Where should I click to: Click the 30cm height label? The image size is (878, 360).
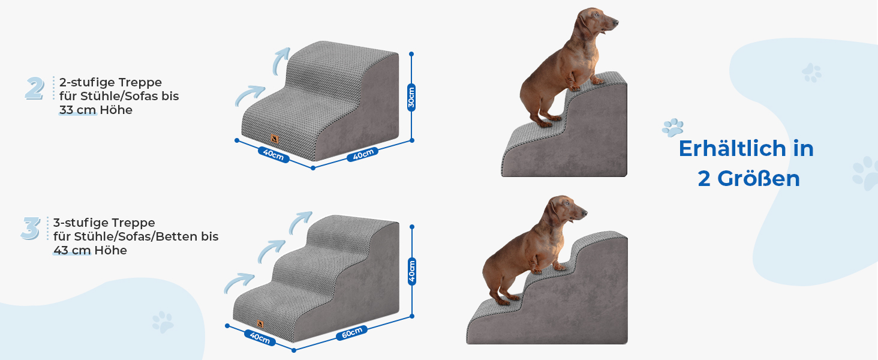tap(411, 97)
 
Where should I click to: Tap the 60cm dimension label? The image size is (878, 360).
tap(351, 332)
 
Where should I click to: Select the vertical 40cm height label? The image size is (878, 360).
tap(411, 271)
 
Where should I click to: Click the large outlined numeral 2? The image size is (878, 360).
tap(35, 88)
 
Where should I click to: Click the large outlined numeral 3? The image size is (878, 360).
tap(31, 228)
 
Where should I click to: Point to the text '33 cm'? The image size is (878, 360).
tap(77, 110)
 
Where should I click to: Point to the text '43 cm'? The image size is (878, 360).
tap(72, 250)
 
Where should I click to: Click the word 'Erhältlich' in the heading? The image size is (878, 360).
tap(733, 149)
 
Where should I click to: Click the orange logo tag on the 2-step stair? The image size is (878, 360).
tap(275, 139)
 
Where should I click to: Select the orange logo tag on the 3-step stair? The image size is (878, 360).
tap(260, 324)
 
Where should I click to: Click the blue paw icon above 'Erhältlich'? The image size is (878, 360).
tap(673, 127)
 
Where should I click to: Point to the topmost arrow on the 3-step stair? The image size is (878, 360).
tap(300, 222)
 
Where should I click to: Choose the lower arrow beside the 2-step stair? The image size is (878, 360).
tap(249, 95)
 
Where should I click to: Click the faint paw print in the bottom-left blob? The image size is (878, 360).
tap(163, 322)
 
